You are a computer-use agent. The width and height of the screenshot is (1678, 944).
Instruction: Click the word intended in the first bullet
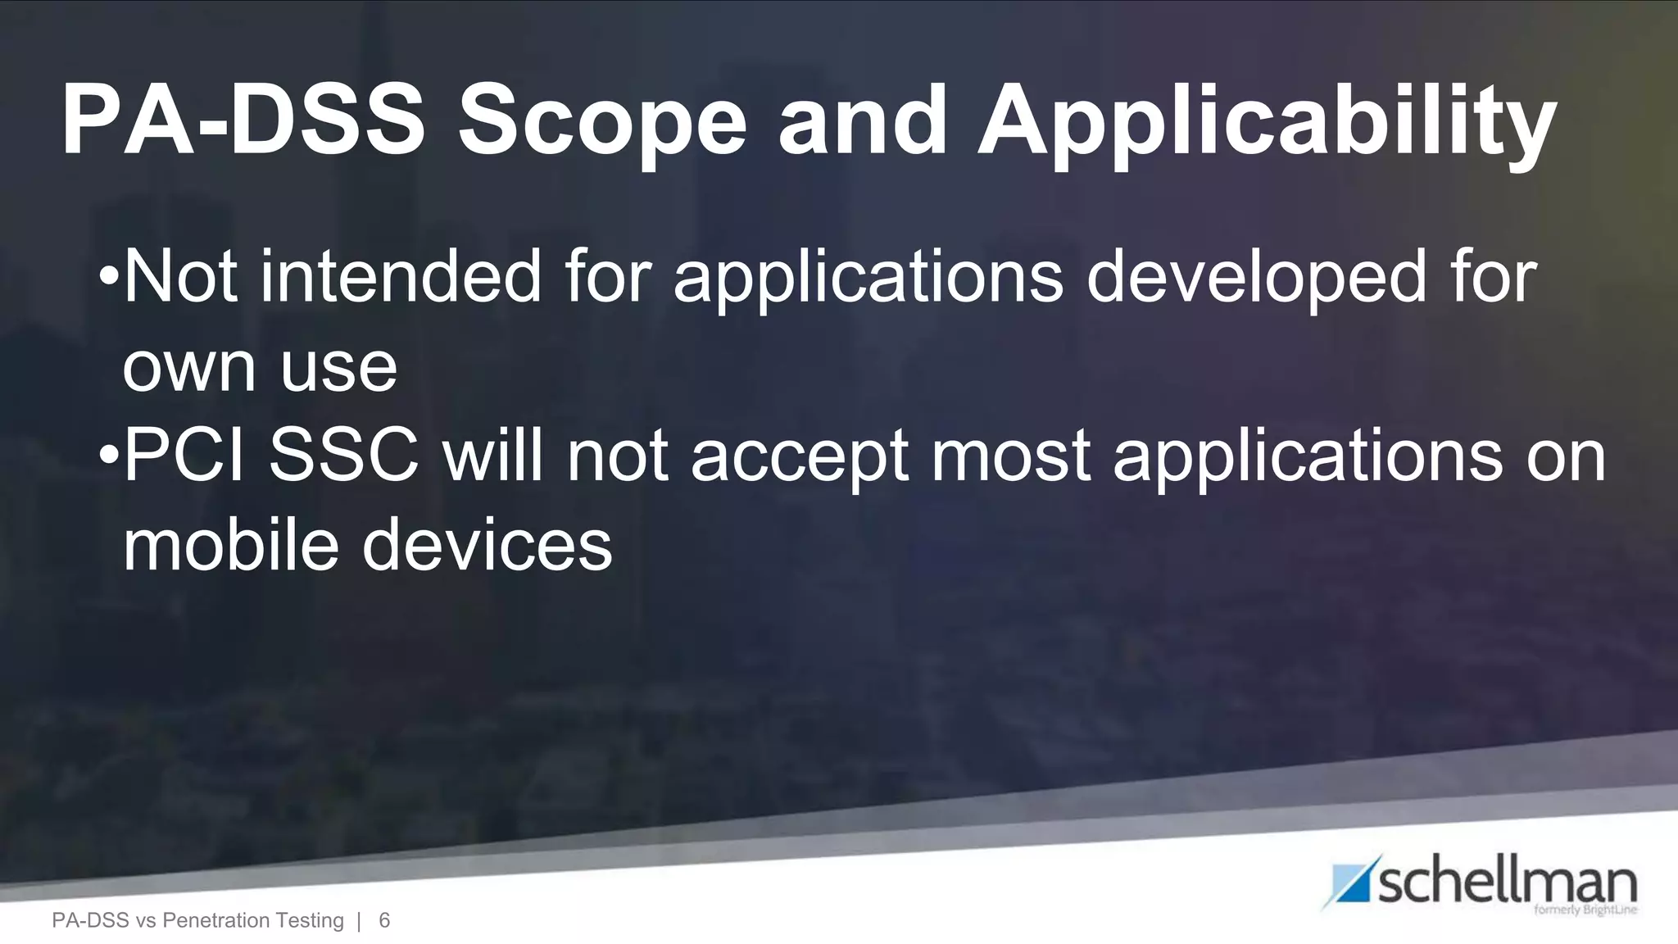pos(401,277)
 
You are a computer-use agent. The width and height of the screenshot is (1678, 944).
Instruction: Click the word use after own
pos(338,367)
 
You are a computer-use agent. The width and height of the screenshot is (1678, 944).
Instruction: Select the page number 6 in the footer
pos(384,921)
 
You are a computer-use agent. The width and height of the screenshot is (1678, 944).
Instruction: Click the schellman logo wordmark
pos(1508,883)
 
